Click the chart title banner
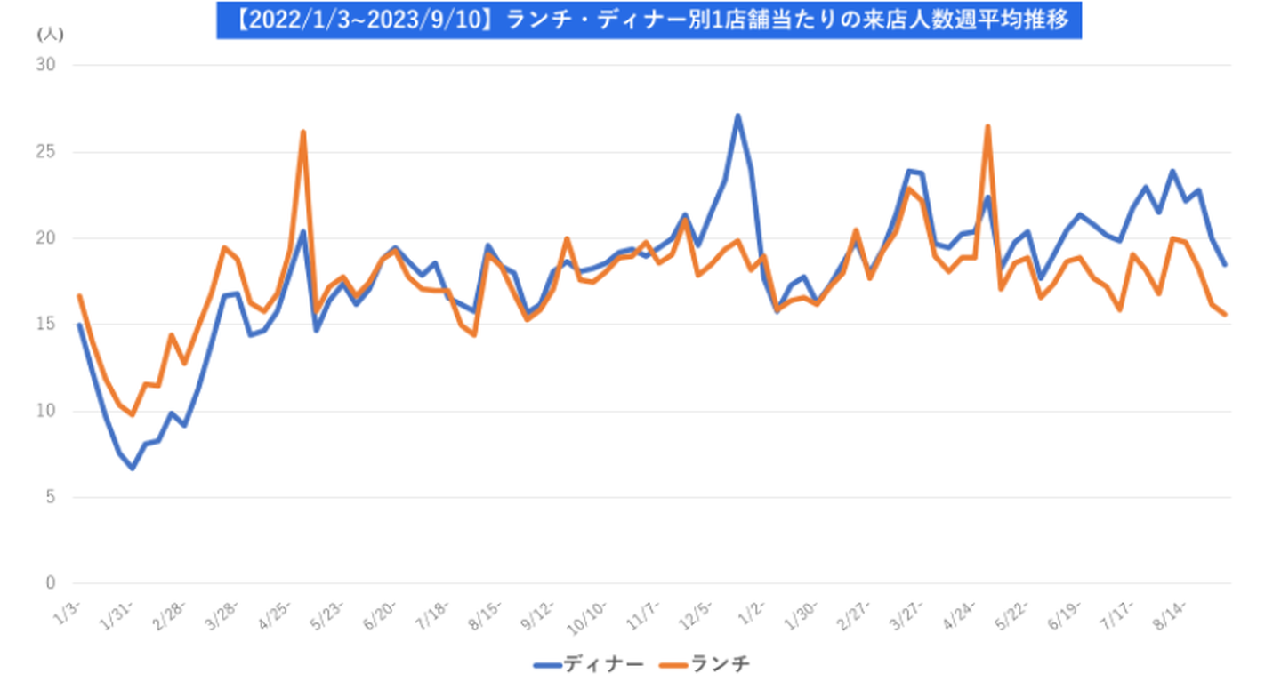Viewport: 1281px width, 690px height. [x=649, y=20]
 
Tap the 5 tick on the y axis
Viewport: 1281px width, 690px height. [x=50, y=497]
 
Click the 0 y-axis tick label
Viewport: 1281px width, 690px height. [x=50, y=583]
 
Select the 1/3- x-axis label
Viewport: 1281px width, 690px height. [x=69, y=611]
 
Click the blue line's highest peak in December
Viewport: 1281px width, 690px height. [x=737, y=116]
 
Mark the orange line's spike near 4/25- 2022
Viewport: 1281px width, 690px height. [x=303, y=132]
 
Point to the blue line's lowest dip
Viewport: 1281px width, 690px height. [x=132, y=468]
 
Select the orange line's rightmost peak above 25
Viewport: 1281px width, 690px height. [x=987, y=126]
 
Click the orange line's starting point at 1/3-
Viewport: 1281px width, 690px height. [x=80, y=296]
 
